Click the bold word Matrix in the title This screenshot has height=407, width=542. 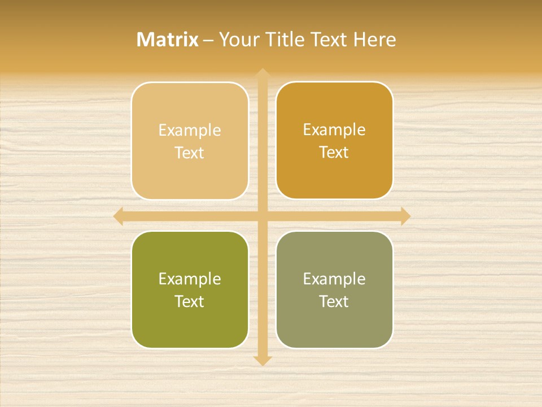pyautogui.click(x=168, y=40)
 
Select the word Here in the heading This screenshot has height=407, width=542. pyautogui.click(x=375, y=40)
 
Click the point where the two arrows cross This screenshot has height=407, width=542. pyautogui.click(x=263, y=216)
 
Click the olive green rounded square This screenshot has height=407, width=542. pyautogui.click(x=190, y=325)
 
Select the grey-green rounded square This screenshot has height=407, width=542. pyautogui.click(x=334, y=325)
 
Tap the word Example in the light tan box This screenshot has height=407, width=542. pyautogui.click(x=190, y=131)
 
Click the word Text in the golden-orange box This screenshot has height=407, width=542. pyautogui.click(x=334, y=153)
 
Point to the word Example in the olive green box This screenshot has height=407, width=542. pyautogui.click(x=190, y=279)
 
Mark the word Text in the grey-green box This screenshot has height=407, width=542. pyautogui.click(x=334, y=301)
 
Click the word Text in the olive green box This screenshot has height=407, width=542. pyautogui.click(x=190, y=301)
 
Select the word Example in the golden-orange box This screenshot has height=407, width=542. pyautogui.click(x=334, y=130)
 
